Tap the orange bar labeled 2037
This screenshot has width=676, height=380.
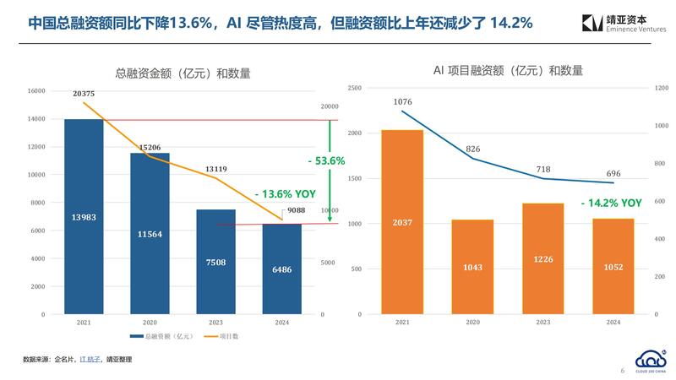click(x=401, y=222)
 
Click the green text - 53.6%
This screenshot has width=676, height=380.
click(x=325, y=160)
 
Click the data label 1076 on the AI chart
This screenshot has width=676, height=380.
click(x=402, y=102)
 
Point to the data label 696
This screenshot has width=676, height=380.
click(x=614, y=172)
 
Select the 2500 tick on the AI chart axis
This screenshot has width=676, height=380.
click(x=354, y=88)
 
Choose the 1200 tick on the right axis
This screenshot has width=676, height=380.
click(x=662, y=88)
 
